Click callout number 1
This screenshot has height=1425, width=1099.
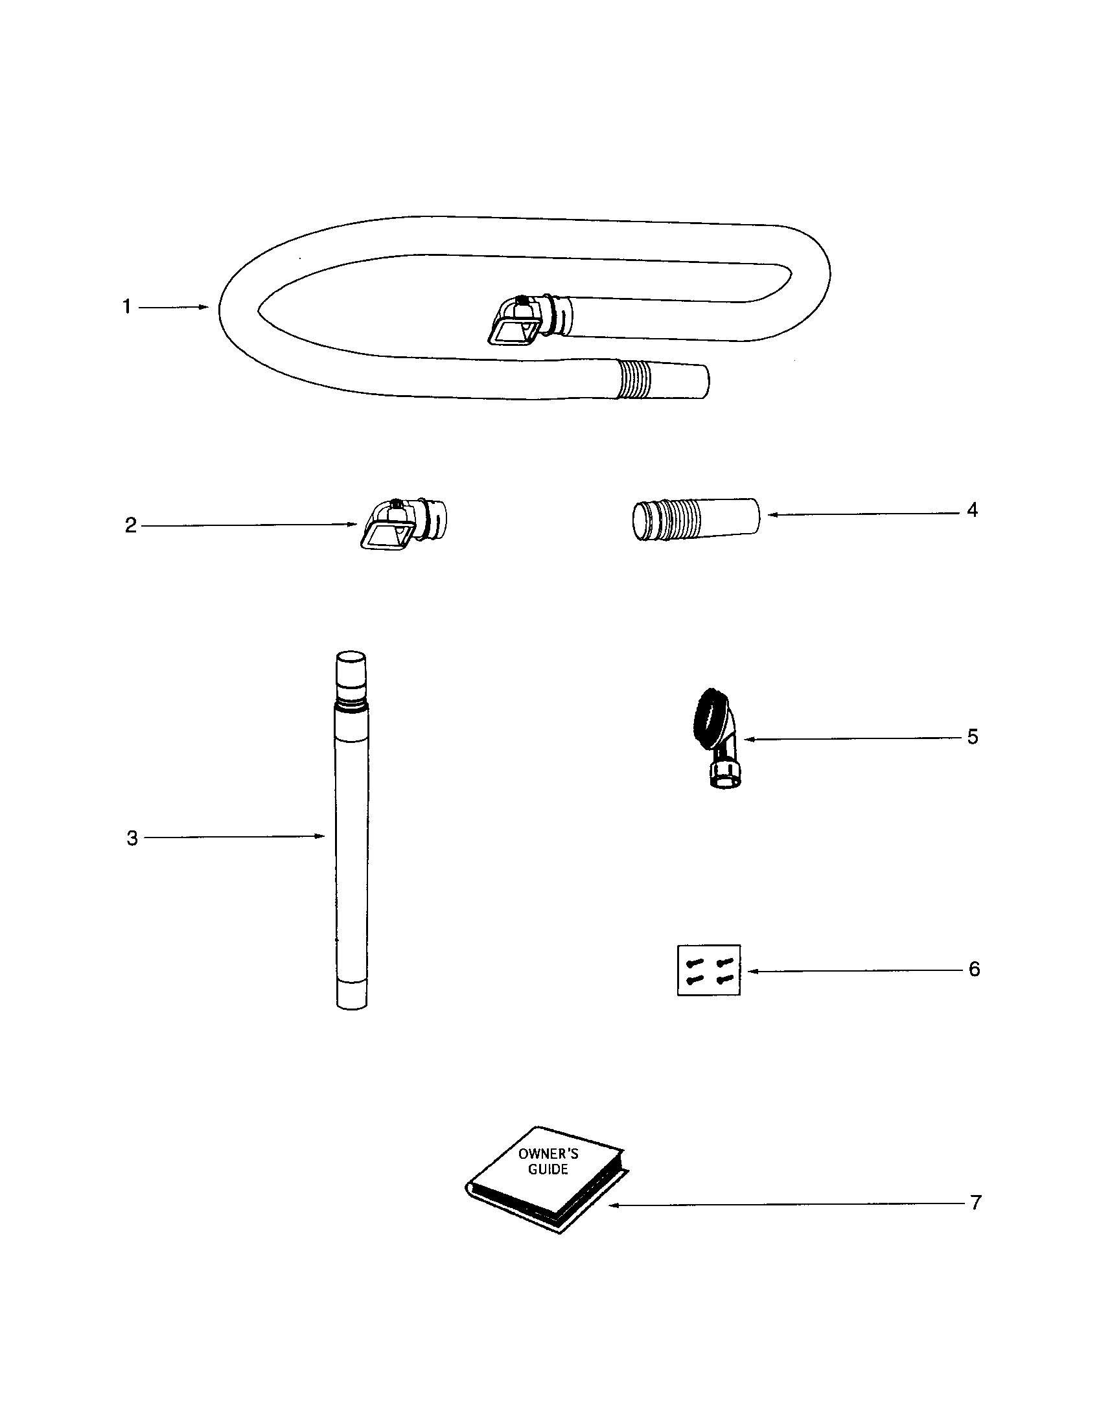pyautogui.click(x=126, y=306)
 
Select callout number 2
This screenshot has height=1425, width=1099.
pyautogui.click(x=131, y=525)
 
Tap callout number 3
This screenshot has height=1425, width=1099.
pyautogui.click(x=132, y=838)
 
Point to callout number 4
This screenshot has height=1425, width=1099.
pyautogui.click(x=972, y=510)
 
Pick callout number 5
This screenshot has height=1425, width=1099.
pyautogui.click(x=973, y=737)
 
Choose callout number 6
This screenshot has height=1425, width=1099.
pyautogui.click(x=974, y=969)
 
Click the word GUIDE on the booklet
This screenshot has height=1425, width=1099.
pyautogui.click(x=548, y=1170)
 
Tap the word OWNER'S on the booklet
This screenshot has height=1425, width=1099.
pyautogui.click(x=548, y=1154)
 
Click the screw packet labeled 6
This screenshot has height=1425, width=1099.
pyautogui.click(x=709, y=970)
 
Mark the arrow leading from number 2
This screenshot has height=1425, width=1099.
pyautogui.click(x=249, y=525)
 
